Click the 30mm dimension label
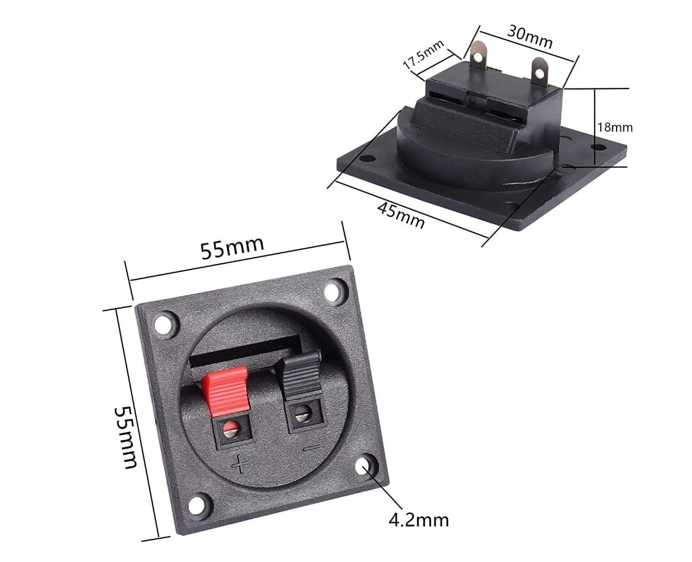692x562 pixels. point(530,36)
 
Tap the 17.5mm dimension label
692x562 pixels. point(423,55)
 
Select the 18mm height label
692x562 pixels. point(615,127)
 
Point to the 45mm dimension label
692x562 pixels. point(401,215)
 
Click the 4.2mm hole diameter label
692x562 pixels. point(419,520)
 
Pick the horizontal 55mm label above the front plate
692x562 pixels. point(232,247)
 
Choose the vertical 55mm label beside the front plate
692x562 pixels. point(125,437)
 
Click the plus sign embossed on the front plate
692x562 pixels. point(240,464)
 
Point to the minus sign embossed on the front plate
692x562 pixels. point(312,448)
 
